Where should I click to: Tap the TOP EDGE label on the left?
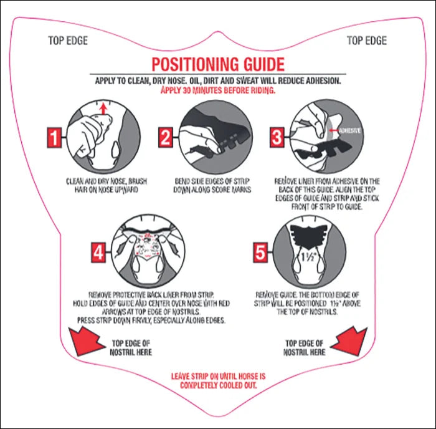(x=68, y=41)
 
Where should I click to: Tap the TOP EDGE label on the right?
(x=366, y=41)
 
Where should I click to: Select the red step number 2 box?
(x=165, y=137)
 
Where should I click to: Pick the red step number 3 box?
(x=277, y=137)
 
